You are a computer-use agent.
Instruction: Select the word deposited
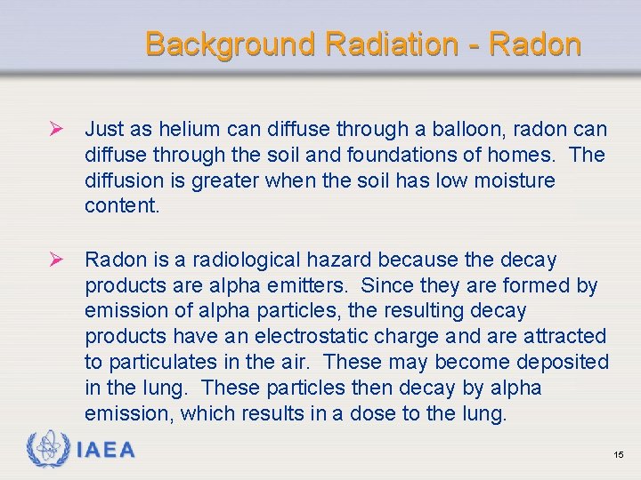(x=565, y=363)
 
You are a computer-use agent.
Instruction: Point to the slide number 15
(x=619, y=455)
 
